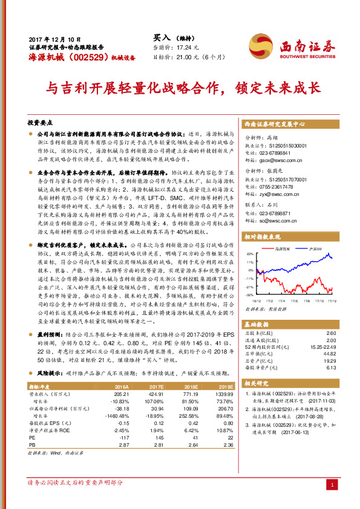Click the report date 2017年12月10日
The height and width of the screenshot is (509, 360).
tap(51, 37)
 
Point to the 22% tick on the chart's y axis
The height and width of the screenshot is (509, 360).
tap(250, 254)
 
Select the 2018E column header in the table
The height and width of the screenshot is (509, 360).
tap(191, 385)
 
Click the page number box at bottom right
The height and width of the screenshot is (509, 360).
tap(331, 485)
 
